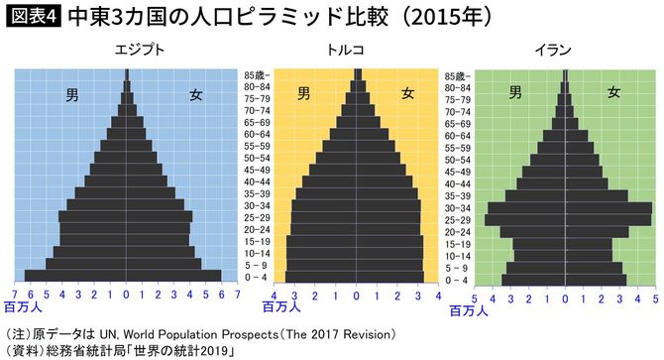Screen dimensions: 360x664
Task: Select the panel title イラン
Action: coord(566,49)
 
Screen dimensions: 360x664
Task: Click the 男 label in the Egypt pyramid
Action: coord(72,95)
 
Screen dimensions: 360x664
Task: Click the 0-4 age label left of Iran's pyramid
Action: coord(457,281)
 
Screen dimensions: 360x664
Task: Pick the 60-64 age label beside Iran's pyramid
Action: coord(457,135)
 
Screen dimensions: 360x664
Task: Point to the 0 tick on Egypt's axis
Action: coord(126,296)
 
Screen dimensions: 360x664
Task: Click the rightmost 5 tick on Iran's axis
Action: coord(654,296)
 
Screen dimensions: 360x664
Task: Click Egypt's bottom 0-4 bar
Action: coord(124,276)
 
